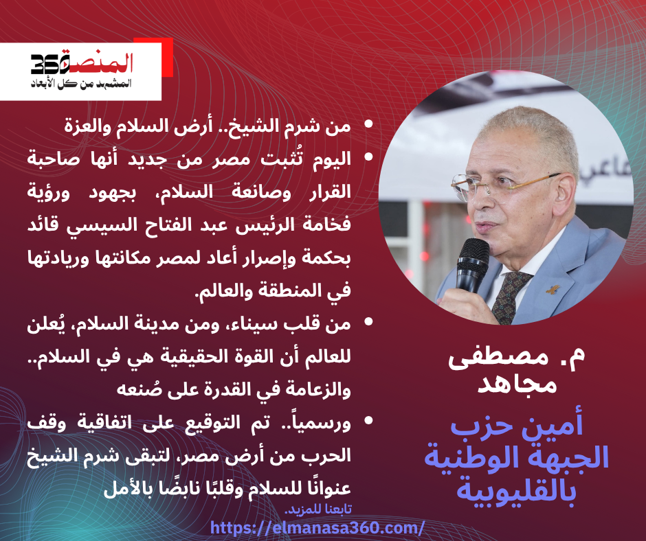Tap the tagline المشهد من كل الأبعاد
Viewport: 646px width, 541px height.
click(x=81, y=84)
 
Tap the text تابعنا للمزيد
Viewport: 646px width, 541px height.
click(x=318, y=509)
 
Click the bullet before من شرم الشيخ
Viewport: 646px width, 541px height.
click(x=368, y=124)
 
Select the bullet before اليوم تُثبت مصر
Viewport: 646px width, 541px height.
click(x=368, y=157)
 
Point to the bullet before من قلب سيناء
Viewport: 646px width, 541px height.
click(x=368, y=321)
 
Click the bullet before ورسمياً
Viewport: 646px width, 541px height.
click(x=368, y=420)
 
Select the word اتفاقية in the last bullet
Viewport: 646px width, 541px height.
click(x=104, y=423)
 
